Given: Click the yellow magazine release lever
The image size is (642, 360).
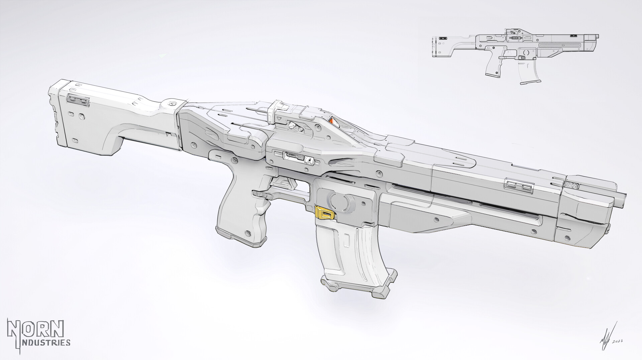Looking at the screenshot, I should (x=324, y=212).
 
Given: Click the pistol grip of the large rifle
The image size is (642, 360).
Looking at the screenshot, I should (x=239, y=217).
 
